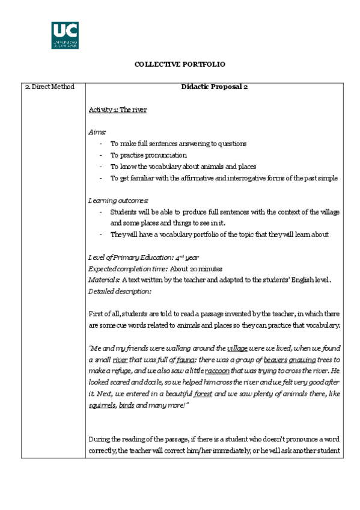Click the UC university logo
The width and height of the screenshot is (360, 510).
64,35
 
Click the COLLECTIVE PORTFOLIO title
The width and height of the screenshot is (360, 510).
180,64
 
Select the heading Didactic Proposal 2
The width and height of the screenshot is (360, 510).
215,87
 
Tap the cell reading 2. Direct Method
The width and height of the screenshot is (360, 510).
50,87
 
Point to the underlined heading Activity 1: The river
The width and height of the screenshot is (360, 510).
118,109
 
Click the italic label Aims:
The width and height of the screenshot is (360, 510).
97,132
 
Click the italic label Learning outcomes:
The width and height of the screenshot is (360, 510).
118,200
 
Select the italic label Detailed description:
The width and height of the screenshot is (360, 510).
120,291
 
